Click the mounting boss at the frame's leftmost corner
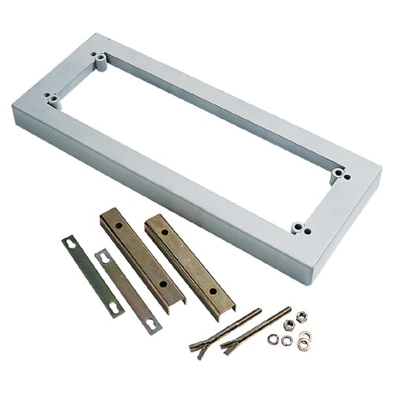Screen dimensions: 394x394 tap(51, 98)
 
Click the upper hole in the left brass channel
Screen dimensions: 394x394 tap(118, 225)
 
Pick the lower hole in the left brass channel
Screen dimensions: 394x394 tap(163, 284)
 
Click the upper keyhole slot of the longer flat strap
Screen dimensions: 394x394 tap(71, 242)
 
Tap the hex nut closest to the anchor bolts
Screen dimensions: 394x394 tap(288, 325)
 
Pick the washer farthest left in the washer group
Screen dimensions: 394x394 tap(273, 339)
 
